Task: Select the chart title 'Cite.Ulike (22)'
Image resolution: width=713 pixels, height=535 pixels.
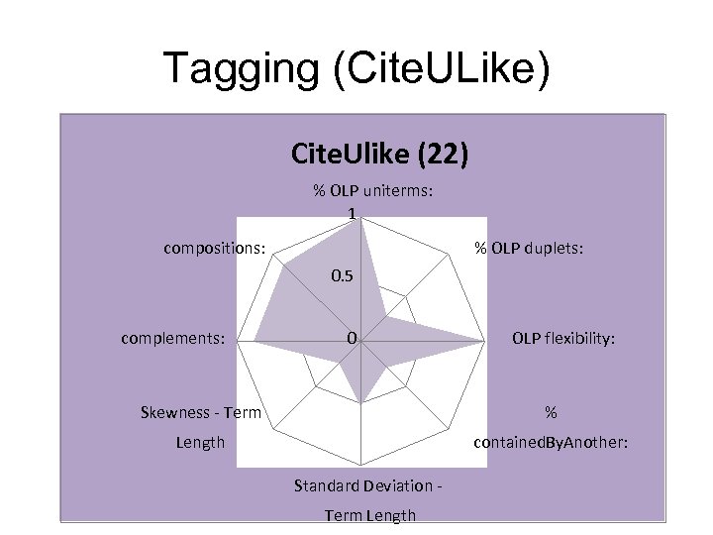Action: coord(380,154)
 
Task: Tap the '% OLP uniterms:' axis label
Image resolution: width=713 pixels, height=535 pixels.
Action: coord(372,190)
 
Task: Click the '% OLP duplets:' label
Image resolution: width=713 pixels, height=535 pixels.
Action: coord(528,247)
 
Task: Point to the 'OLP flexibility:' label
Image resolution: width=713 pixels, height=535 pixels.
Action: coord(563,339)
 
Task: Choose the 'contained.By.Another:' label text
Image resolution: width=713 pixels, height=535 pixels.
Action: coord(551,442)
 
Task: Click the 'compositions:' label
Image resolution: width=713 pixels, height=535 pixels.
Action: coord(214,247)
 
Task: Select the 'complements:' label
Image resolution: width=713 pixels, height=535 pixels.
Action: coord(173,339)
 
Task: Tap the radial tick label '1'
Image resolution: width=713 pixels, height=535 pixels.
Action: coord(352,213)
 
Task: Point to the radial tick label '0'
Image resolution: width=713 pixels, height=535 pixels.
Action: coord(352,339)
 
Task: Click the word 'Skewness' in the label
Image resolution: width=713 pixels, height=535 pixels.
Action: coord(180,412)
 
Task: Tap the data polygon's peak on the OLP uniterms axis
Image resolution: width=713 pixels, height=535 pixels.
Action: coord(362,220)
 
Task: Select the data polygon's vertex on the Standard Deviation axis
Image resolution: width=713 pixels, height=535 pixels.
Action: coord(362,403)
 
